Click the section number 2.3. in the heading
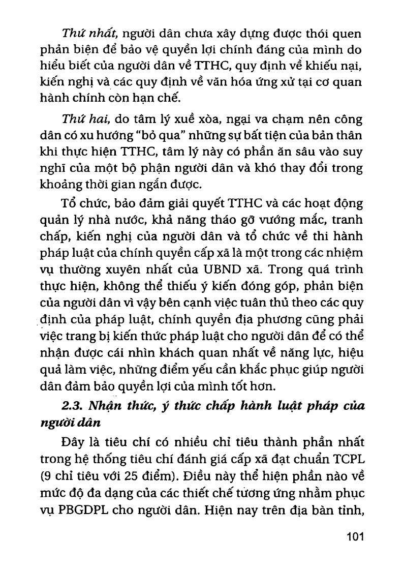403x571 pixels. (72, 406)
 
